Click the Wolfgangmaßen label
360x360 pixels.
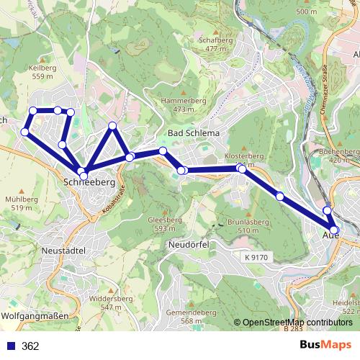coord(35,316)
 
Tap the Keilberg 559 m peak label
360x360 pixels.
coord(42,72)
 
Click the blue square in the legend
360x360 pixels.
coord(10,346)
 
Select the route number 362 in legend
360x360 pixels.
coord(31,346)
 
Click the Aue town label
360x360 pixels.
coord(331,235)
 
